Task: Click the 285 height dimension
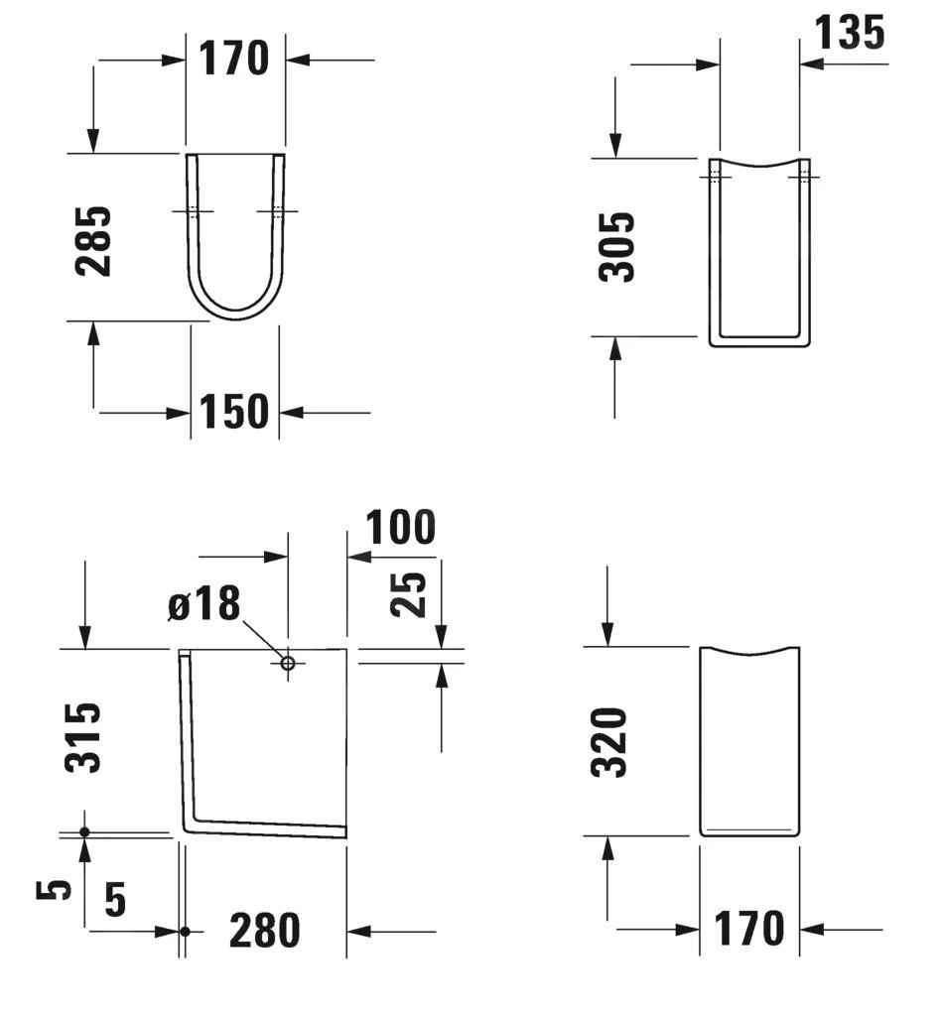click(93, 241)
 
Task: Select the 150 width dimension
click(234, 412)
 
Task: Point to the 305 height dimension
click(616, 246)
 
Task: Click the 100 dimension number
click(401, 527)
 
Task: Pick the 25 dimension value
click(408, 594)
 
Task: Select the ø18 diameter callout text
click(204, 603)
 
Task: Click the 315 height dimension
click(83, 737)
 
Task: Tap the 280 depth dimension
click(265, 931)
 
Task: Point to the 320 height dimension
click(609, 742)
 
